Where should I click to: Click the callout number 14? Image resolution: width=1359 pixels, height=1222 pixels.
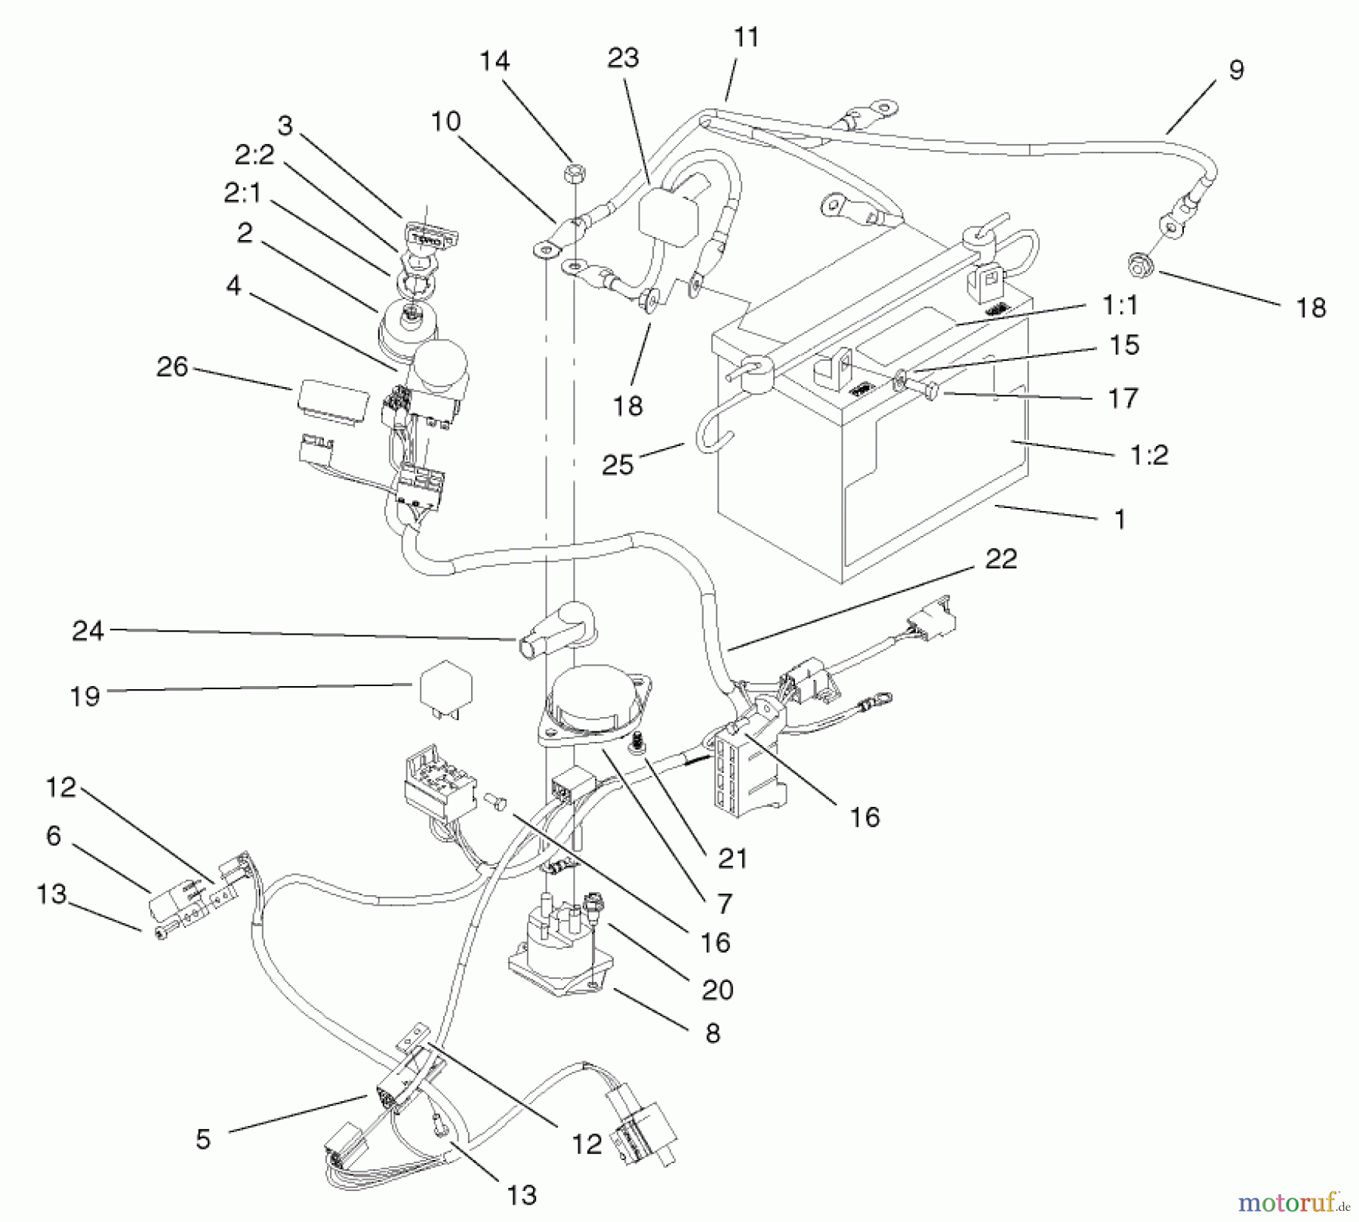(495, 61)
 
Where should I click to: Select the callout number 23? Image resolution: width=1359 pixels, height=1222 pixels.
(623, 58)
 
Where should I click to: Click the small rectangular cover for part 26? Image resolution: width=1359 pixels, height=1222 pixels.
(331, 398)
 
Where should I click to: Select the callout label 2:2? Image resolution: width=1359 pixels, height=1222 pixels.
(254, 155)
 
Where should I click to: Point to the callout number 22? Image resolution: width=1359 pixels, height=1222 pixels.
(1000, 559)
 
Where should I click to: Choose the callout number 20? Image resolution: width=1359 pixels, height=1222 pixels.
(717, 990)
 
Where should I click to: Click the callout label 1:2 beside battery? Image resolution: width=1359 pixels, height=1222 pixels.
(1149, 455)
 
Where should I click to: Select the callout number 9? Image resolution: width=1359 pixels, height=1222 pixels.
(1236, 70)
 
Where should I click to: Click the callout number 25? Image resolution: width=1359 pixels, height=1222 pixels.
(618, 465)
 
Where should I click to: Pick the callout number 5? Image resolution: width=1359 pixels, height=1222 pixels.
(202, 1139)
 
